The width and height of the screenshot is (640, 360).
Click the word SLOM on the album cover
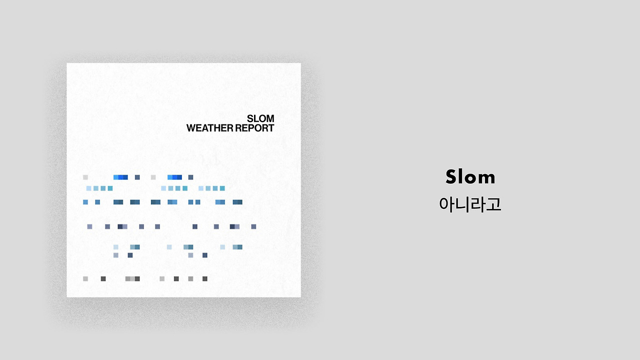pyautogui.click(x=260, y=118)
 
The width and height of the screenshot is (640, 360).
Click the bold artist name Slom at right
pyautogui.click(x=470, y=177)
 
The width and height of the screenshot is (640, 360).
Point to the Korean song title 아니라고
pyautogui.click(x=470, y=204)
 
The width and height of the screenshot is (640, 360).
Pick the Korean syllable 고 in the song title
pyautogui.click(x=493, y=204)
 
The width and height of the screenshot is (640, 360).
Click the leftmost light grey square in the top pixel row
pyautogui.click(x=85, y=177)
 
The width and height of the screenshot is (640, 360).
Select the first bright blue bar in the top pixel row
pyautogui.click(x=120, y=177)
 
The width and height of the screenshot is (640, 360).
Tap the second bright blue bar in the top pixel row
pyautogui.click(x=174, y=177)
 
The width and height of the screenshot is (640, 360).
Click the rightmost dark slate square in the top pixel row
pyautogui.click(x=191, y=177)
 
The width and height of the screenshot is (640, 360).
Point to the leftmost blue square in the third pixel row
pyautogui.click(x=85, y=202)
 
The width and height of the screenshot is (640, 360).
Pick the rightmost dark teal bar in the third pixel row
pyautogui.click(x=237, y=202)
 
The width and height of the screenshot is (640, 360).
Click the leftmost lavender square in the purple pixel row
pyautogui.click(x=89, y=226)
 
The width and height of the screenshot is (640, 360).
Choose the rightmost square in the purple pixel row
pyautogui.click(x=253, y=226)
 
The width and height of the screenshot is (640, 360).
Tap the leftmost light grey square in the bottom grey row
pyautogui.click(x=85, y=279)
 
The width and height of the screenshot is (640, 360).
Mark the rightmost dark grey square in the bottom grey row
pyautogui.click(x=205, y=279)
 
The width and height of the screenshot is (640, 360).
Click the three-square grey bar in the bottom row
pyautogui.click(x=132, y=279)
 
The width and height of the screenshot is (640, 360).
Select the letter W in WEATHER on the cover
pyautogui.click(x=191, y=128)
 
